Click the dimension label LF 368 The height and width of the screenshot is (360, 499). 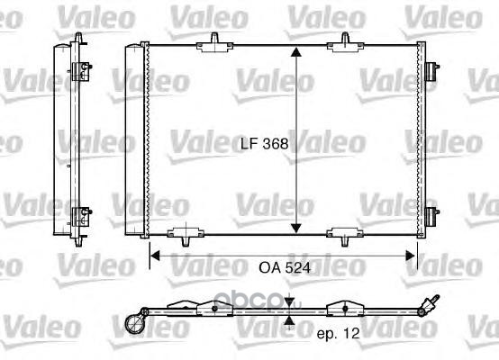click(x=264, y=144)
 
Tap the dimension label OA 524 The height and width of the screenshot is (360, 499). click(x=285, y=268)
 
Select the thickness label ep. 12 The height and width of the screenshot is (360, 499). click(x=339, y=333)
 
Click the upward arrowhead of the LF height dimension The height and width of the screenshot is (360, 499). click(x=296, y=52)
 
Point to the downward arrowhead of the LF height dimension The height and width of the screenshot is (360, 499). click(x=296, y=228)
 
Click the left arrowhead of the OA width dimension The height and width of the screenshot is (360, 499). click(x=155, y=256)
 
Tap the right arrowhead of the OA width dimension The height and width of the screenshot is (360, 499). click(x=410, y=256)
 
